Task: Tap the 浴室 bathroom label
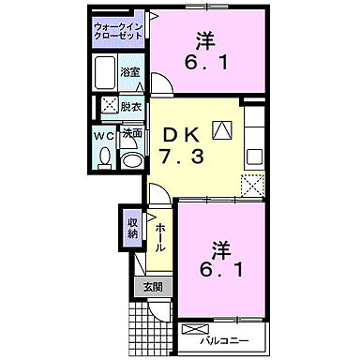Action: (130, 71)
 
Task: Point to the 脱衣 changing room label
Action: (130, 106)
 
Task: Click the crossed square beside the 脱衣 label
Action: (108, 106)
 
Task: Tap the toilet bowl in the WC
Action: (104, 160)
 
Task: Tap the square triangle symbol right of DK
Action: (222, 131)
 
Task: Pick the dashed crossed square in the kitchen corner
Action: (252, 184)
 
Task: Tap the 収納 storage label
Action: (133, 227)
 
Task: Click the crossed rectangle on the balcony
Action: (198, 329)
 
